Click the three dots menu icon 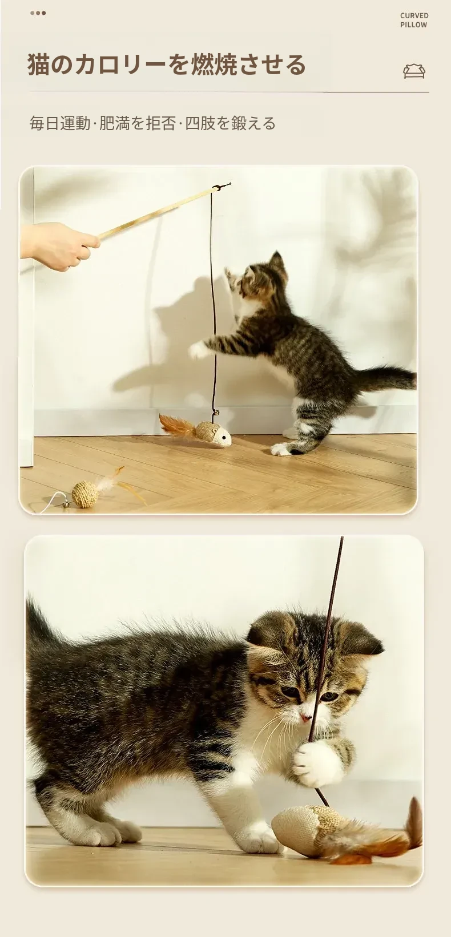tap(38, 13)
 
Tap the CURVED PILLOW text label tap(414, 20)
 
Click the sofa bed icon tap(414, 71)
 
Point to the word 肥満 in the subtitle tap(114, 123)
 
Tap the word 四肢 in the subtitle tap(200, 123)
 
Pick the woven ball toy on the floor tap(85, 494)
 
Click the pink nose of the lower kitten tap(306, 717)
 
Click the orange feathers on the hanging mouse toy tap(178, 427)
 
